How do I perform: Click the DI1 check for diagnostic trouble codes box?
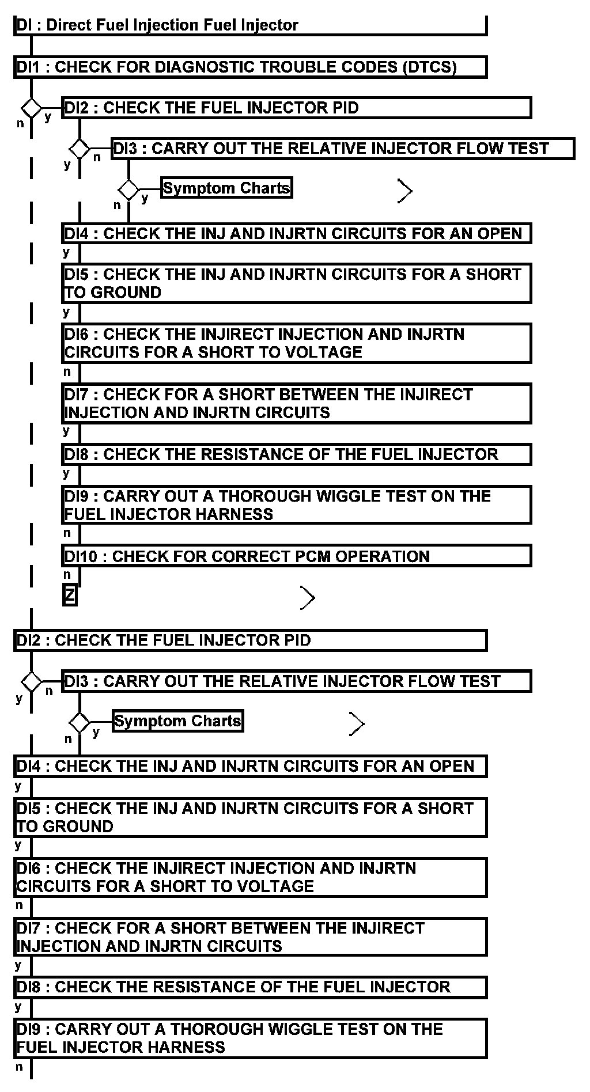(x=250, y=67)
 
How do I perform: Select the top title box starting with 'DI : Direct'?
(x=250, y=25)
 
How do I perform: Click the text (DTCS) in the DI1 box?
(x=430, y=67)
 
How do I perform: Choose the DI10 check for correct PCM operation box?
(x=296, y=556)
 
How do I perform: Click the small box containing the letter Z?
(x=70, y=595)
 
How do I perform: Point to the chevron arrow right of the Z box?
(x=308, y=598)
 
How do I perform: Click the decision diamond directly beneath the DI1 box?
(x=31, y=108)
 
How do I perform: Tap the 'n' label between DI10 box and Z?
(x=67, y=574)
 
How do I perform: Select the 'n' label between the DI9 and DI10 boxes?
(x=67, y=533)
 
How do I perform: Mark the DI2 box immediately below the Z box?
(x=250, y=640)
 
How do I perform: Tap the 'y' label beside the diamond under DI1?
(x=48, y=117)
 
